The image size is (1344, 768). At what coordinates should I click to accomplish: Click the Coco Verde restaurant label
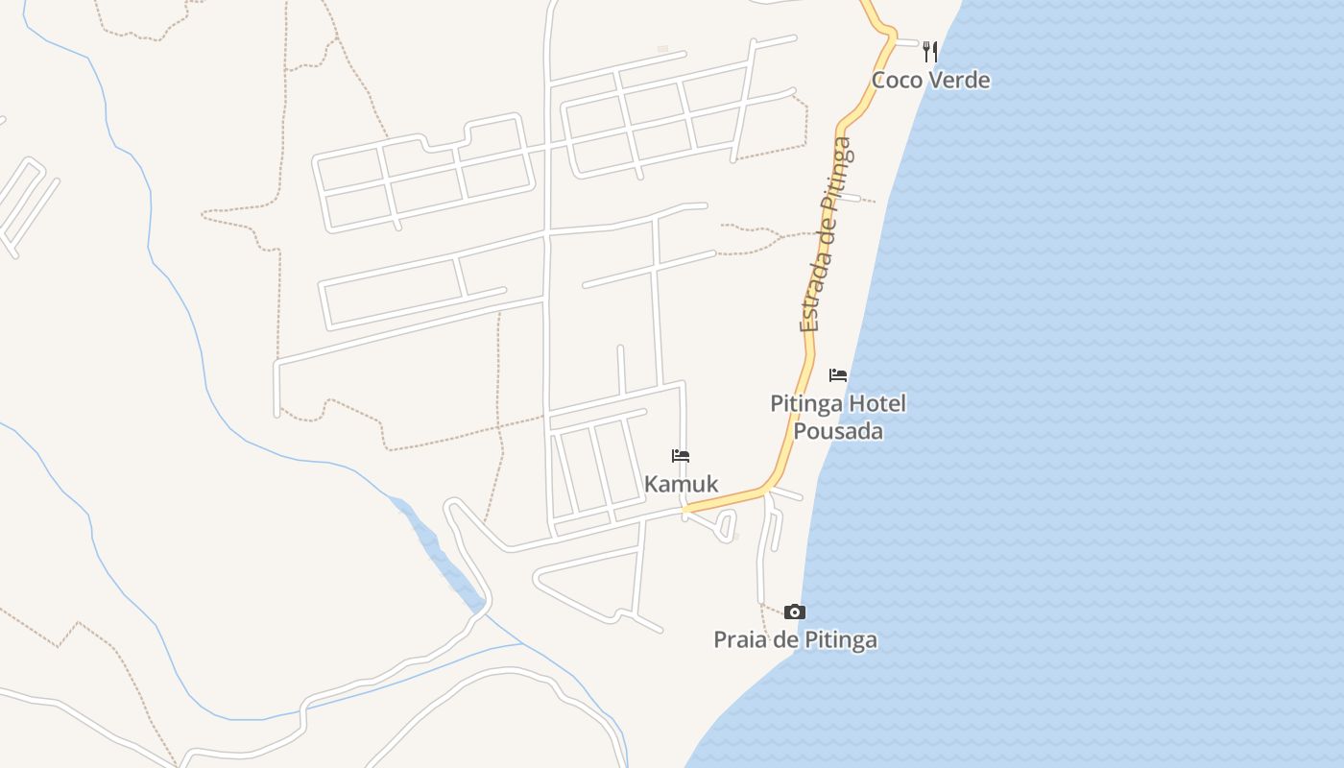(x=930, y=80)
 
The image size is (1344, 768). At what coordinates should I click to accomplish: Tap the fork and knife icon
(x=929, y=51)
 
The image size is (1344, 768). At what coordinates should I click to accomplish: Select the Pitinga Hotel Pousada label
(x=838, y=417)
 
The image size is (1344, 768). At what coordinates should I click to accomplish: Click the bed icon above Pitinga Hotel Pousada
(x=838, y=374)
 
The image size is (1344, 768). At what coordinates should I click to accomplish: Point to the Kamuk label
(x=681, y=484)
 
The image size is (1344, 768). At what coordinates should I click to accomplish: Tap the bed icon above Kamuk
(x=681, y=456)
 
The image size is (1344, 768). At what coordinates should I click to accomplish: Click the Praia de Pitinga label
(x=795, y=639)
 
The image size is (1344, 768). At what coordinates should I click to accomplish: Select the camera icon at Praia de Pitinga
(x=794, y=612)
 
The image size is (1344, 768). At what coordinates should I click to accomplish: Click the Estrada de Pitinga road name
(x=826, y=235)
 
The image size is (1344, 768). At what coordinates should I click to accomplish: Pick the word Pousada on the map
(x=838, y=431)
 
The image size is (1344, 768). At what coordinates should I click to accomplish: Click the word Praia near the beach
(x=737, y=639)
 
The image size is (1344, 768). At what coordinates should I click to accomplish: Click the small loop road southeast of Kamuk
(x=726, y=526)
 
